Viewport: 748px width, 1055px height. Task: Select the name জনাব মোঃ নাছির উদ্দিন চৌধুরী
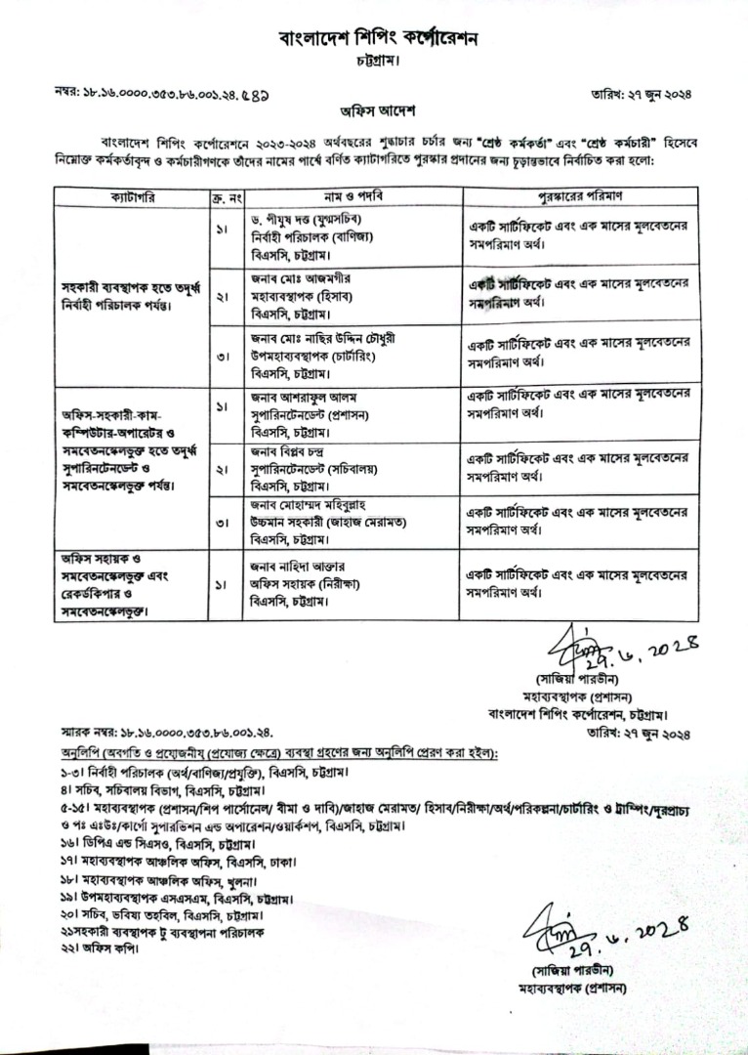point(323,338)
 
